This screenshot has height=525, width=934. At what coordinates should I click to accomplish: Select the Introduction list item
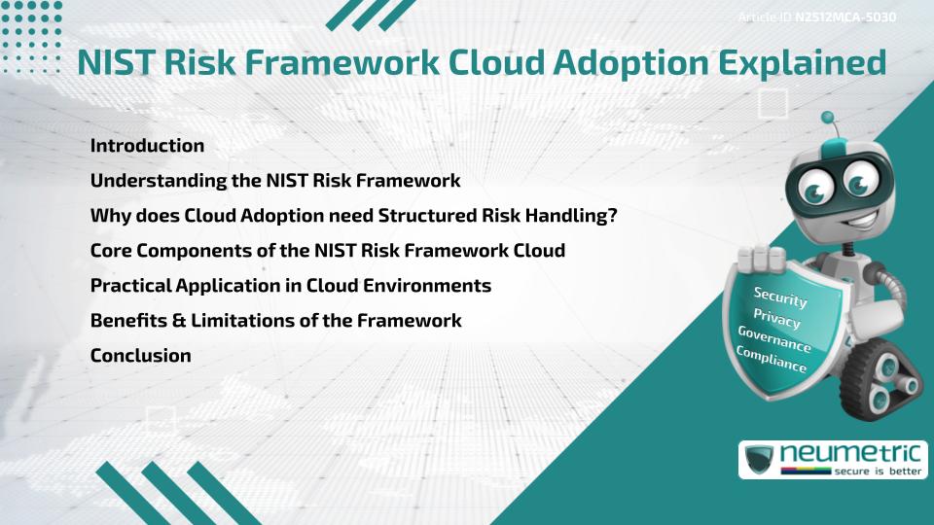click(x=147, y=146)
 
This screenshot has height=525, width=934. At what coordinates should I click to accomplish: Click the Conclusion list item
click(x=140, y=356)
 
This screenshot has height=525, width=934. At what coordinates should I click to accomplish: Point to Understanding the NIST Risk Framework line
click(x=275, y=181)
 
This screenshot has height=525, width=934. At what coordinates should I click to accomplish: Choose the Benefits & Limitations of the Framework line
click(x=275, y=321)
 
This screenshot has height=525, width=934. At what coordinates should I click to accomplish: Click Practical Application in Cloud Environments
click(x=290, y=286)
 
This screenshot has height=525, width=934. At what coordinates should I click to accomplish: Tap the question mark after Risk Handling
click(x=612, y=216)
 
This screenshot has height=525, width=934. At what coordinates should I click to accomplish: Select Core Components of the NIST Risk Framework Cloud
click(x=327, y=251)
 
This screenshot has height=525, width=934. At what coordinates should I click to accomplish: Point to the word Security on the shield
click(x=780, y=297)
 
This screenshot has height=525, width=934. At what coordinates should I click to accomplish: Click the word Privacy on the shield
click(x=777, y=318)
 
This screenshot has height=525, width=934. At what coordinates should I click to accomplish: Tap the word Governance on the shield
click(x=774, y=339)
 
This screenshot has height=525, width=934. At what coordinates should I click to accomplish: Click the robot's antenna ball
click(x=828, y=118)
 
